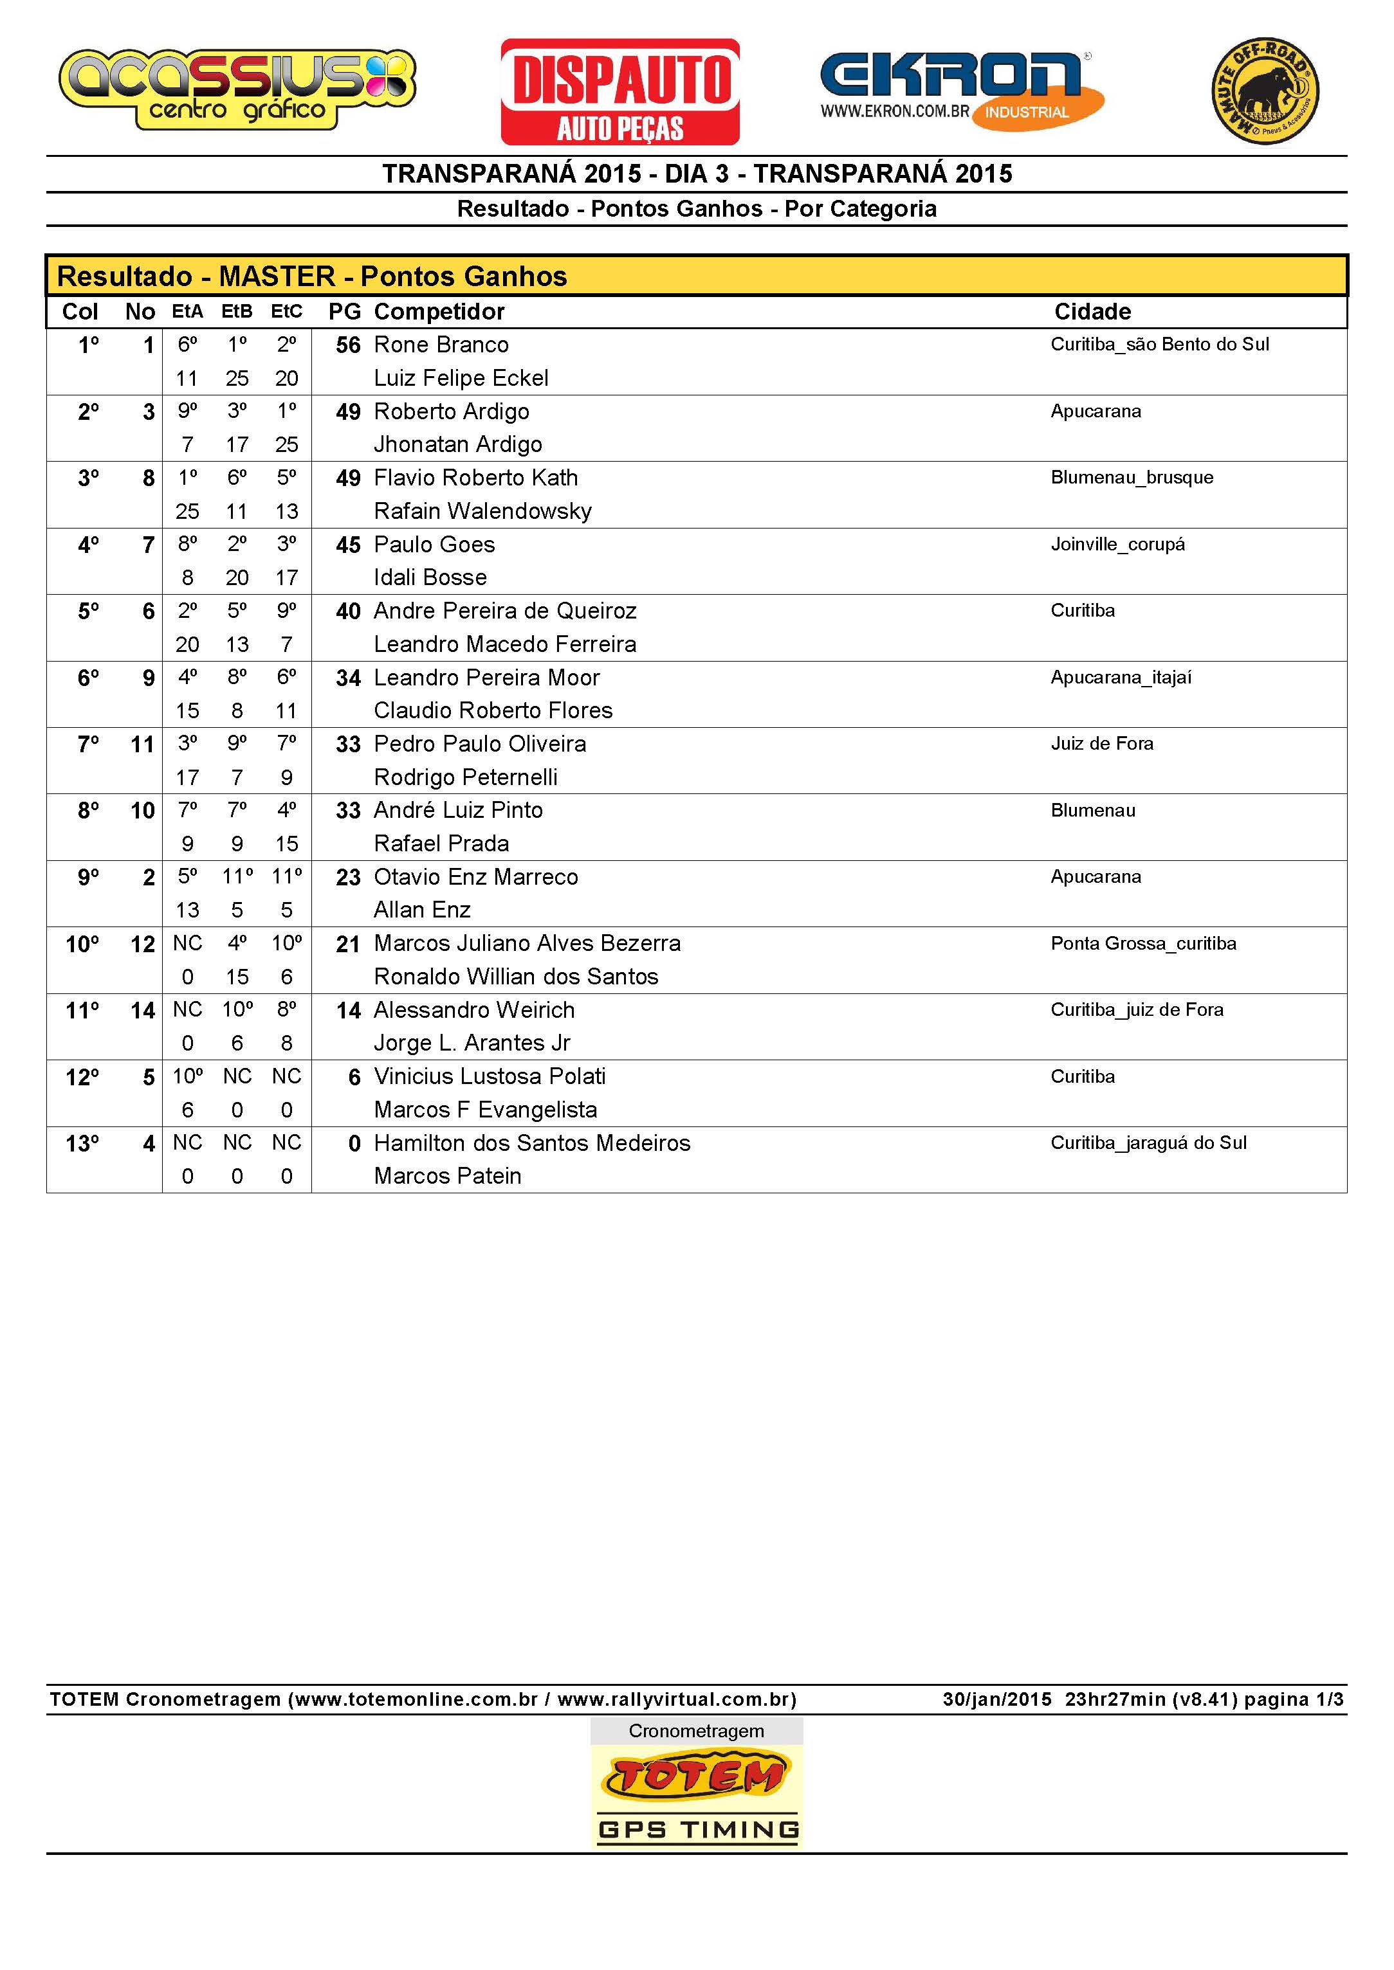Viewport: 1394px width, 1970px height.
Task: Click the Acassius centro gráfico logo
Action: (x=237, y=90)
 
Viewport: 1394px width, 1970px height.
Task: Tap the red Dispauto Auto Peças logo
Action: (x=619, y=92)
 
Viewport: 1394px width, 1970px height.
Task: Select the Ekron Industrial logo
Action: (x=961, y=90)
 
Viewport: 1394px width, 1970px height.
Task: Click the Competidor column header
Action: (x=439, y=311)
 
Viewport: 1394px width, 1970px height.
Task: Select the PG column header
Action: (x=344, y=311)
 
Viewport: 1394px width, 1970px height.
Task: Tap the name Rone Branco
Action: (x=441, y=345)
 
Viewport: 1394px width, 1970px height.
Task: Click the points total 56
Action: (x=347, y=345)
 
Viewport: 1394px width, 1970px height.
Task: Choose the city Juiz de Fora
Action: (x=1101, y=744)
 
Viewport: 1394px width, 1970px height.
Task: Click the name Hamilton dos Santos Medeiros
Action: (x=531, y=1143)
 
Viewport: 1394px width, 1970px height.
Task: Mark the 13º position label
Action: (x=82, y=1144)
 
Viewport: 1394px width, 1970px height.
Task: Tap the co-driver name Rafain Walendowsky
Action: (x=482, y=511)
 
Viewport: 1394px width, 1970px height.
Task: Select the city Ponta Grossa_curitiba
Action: (x=1142, y=944)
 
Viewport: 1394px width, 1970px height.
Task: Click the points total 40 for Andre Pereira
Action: (x=347, y=611)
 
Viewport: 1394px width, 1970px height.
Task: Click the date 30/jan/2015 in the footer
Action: (x=996, y=1699)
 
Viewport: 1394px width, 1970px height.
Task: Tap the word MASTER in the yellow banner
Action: (x=277, y=276)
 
